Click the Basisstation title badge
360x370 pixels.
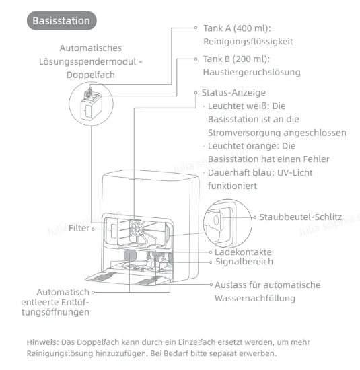tap(62, 21)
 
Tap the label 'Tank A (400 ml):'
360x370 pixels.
tap(238, 28)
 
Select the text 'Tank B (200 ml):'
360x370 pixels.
tap(236, 59)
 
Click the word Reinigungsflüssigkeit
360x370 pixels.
tap(248, 42)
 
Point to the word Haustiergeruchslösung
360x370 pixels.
tap(252, 72)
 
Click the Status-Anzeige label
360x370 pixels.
tap(233, 93)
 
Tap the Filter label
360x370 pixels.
tap(79, 228)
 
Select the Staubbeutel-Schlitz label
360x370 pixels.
tap(301, 217)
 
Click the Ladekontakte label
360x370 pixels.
tap(243, 252)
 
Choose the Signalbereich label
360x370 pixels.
tap(244, 262)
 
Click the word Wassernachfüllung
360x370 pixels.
tap(255, 298)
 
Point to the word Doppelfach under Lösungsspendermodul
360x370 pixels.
tap(91, 75)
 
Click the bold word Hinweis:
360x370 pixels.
tap(42, 342)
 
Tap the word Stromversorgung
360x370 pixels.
tap(244, 133)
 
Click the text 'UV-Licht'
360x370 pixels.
tap(295, 173)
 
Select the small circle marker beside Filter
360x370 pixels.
tap(93, 229)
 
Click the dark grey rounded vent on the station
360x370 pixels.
tap(130, 256)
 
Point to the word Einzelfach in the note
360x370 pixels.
tap(199, 342)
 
